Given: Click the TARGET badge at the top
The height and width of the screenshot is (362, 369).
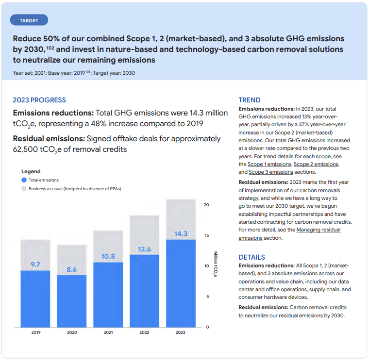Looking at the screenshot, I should (29, 20).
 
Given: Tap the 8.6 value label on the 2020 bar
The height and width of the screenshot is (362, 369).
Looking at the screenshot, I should (71, 269).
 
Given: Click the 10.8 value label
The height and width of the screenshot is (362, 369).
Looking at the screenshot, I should (108, 256).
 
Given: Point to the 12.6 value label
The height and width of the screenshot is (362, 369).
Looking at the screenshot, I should (144, 249).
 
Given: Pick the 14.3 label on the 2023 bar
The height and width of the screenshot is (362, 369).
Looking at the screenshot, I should (181, 233).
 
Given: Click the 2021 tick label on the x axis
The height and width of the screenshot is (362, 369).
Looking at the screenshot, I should (108, 332).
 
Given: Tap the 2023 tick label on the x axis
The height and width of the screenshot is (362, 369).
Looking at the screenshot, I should (181, 332).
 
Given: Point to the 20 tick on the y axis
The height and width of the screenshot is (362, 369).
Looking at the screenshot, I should (206, 205).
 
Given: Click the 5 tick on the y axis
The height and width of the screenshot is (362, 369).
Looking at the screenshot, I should (207, 296).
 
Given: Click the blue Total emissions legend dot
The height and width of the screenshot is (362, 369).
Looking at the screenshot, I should (24, 180).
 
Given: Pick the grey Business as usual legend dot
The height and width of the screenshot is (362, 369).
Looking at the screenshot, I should (24, 188).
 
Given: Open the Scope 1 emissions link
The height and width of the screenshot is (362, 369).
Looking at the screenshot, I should (269, 165).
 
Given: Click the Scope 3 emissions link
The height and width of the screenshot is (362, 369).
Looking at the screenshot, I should (270, 172).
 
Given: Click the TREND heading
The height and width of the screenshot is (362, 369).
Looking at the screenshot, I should (249, 100).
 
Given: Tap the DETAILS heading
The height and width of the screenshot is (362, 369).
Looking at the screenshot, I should (252, 257).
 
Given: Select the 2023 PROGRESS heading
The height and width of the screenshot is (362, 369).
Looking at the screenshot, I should (39, 100).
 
